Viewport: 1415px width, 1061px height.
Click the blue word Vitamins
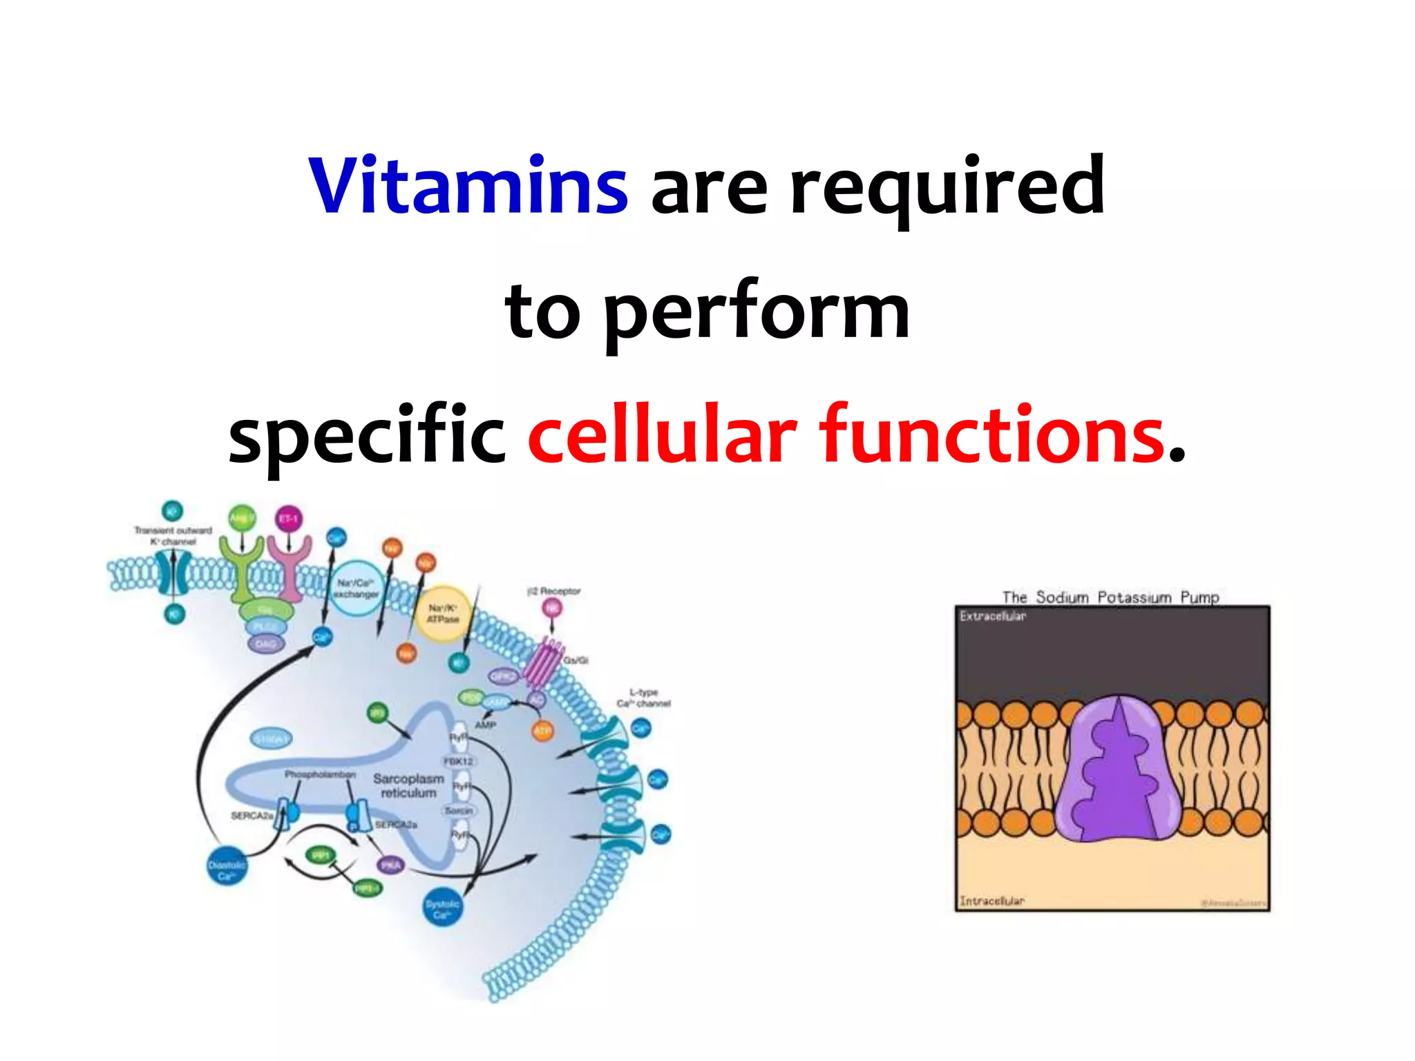coord(468,185)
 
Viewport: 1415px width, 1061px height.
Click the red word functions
coord(992,435)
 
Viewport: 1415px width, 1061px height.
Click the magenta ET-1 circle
coord(289,518)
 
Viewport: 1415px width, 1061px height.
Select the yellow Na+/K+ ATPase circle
coord(443,613)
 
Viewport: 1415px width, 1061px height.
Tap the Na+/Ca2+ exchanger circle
coord(356,588)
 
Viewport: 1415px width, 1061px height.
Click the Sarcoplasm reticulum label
coord(408,785)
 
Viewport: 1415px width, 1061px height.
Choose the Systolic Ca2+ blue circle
coord(442,908)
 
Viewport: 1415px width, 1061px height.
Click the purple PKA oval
coord(390,865)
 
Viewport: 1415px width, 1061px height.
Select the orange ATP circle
coord(543,730)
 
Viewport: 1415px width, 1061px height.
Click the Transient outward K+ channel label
coord(173,536)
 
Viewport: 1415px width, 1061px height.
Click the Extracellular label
coord(993,616)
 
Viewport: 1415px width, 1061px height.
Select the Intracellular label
coord(991,901)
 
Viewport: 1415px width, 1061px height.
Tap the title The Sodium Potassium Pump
coord(1110,597)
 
